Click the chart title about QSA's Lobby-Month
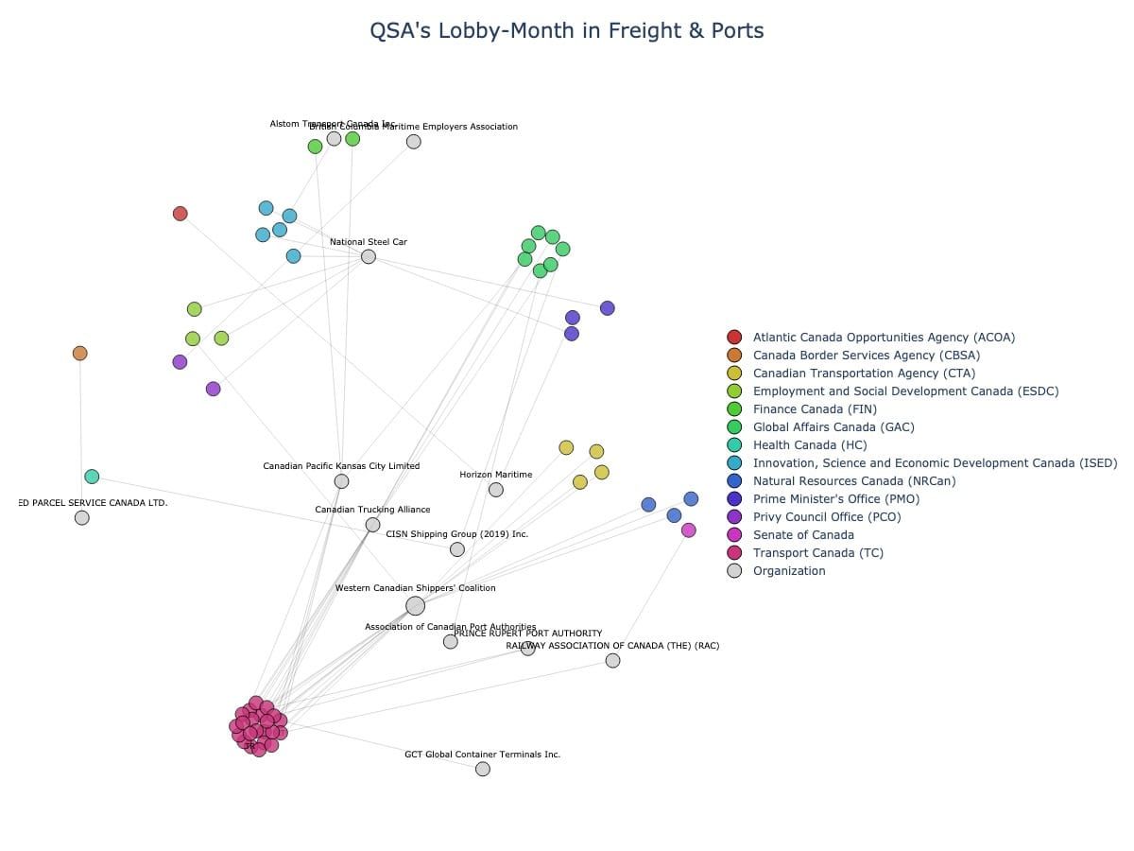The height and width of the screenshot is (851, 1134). [x=566, y=30]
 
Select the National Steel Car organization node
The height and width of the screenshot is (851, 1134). [x=369, y=256]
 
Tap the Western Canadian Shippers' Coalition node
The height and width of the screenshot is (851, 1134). [x=415, y=606]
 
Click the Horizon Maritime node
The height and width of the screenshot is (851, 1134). [x=495, y=489]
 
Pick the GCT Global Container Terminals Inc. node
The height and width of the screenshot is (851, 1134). [x=483, y=769]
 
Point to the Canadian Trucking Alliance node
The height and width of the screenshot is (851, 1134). [x=372, y=525]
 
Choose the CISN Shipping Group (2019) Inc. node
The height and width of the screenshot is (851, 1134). [x=457, y=549]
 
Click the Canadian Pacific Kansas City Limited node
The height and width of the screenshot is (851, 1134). [x=341, y=481]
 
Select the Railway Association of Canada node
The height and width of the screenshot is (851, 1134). [x=612, y=660]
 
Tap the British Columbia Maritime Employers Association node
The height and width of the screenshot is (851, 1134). [x=413, y=142]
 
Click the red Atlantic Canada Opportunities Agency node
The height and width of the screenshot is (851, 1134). [x=180, y=214]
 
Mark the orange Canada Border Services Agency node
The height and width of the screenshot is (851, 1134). [x=80, y=353]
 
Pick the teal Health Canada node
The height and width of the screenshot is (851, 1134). [x=92, y=477]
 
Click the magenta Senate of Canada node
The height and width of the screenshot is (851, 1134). [x=688, y=530]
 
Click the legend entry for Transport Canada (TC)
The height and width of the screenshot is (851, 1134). [x=817, y=553]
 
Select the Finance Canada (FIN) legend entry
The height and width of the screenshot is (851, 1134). [x=814, y=409]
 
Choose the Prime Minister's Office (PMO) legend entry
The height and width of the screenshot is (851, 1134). [x=835, y=499]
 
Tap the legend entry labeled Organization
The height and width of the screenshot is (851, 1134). [x=788, y=571]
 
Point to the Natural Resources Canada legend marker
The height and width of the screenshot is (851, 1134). [x=734, y=481]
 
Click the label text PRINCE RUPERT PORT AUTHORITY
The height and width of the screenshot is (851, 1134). [x=527, y=634]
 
